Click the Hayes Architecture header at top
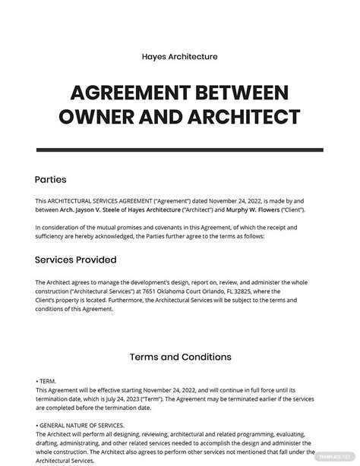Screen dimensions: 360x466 pyautogui.click(x=180, y=55)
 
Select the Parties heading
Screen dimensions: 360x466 pyautogui.click(x=51, y=180)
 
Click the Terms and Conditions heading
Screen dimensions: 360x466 pyautogui.click(x=180, y=356)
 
